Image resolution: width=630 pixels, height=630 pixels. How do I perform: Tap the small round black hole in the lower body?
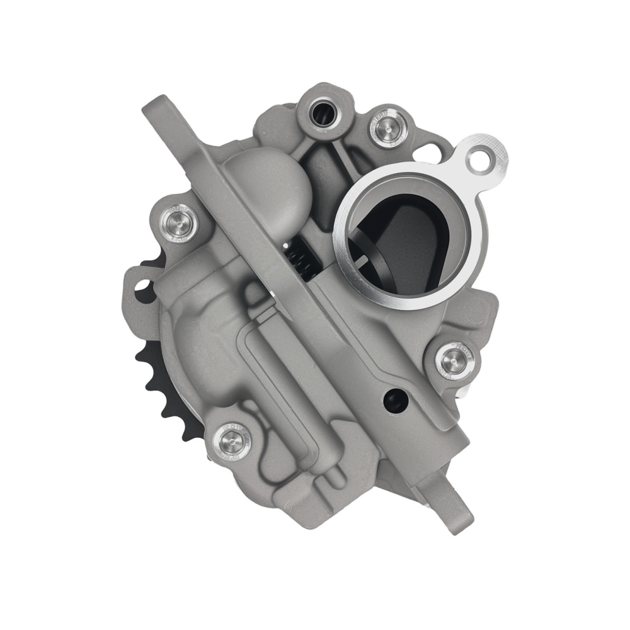395,398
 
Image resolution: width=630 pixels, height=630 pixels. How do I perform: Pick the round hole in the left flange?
141,290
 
